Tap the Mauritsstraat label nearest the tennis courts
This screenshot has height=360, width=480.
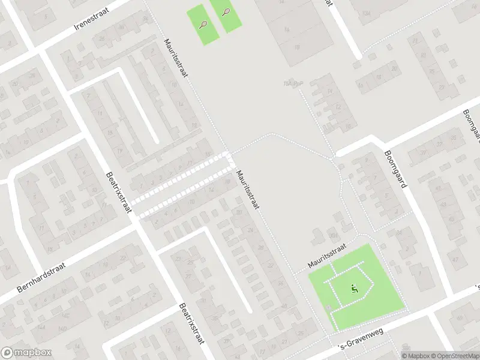(x=176, y=58)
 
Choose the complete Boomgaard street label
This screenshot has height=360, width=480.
(x=395, y=169)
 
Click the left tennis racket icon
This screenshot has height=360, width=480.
(x=204, y=25)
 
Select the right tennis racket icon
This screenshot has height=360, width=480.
(x=226, y=12)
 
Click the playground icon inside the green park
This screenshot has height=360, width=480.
(x=354, y=290)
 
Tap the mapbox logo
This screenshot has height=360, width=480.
(x=26, y=353)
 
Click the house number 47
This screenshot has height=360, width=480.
(x=455, y=259)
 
